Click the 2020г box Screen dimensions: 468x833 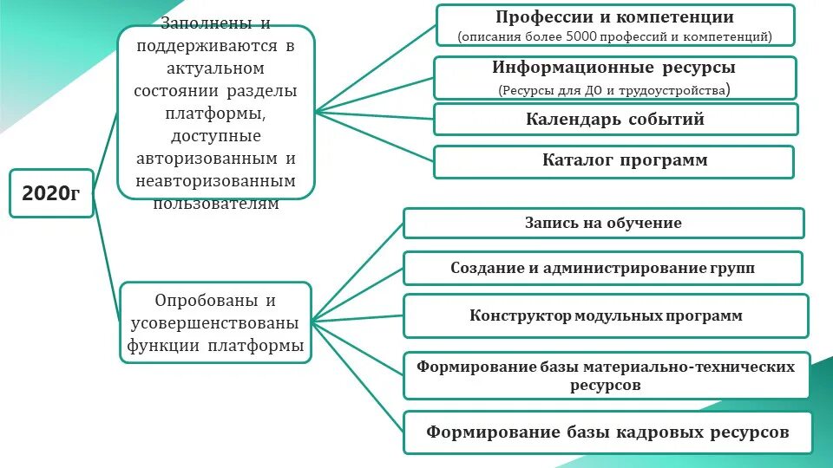pyautogui.click(x=51, y=193)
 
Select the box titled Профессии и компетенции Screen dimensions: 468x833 pyautogui.click(x=614, y=25)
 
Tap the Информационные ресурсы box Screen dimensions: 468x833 pyautogui.click(x=614, y=78)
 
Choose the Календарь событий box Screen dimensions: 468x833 pyautogui.click(x=614, y=120)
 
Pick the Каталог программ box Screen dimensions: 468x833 pyautogui.click(x=613, y=161)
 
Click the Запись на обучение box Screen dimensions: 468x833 pyautogui.click(x=603, y=223)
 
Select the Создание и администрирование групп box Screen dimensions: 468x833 pyautogui.click(x=603, y=268)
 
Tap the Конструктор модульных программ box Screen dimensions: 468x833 pyautogui.click(x=606, y=315)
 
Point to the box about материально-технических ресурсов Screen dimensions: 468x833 pyautogui.click(x=606, y=375)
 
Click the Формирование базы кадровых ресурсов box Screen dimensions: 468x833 pyautogui.click(x=607, y=432)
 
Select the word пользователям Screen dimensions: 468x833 pyautogui.click(x=216, y=205)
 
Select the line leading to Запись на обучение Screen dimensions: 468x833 pyautogui.click(x=357, y=270)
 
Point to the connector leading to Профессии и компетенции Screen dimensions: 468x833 pyautogui.click(x=375, y=68)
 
